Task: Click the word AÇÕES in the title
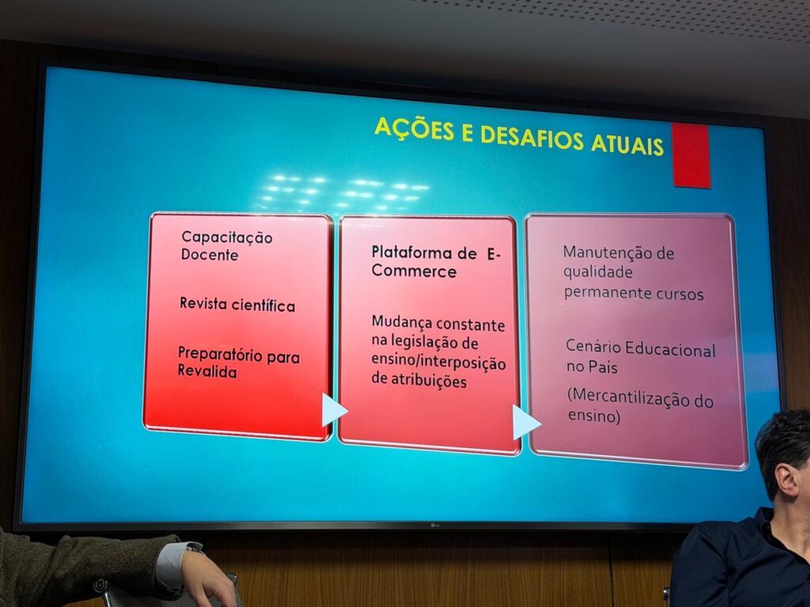pyautogui.click(x=414, y=129)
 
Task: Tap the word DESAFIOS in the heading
pyautogui.click(x=532, y=138)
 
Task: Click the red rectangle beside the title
pyautogui.click(x=691, y=156)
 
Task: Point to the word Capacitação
pyautogui.click(x=227, y=237)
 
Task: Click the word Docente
pyautogui.click(x=210, y=254)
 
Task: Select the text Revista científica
pyautogui.click(x=237, y=304)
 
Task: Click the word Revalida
pyautogui.click(x=207, y=371)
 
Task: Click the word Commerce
pyautogui.click(x=414, y=271)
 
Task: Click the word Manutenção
pyautogui.click(x=600, y=252)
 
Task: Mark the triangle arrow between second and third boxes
pyautogui.click(x=526, y=422)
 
